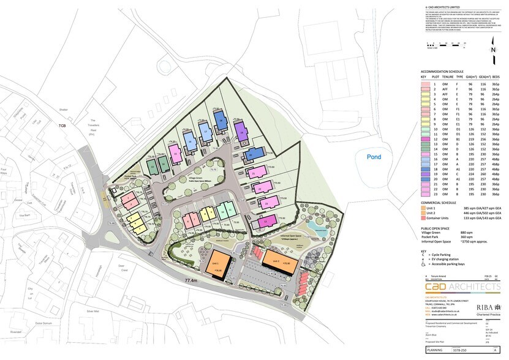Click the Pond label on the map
pyautogui.click(x=374, y=157)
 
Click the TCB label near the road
pyautogui.click(x=61, y=126)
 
